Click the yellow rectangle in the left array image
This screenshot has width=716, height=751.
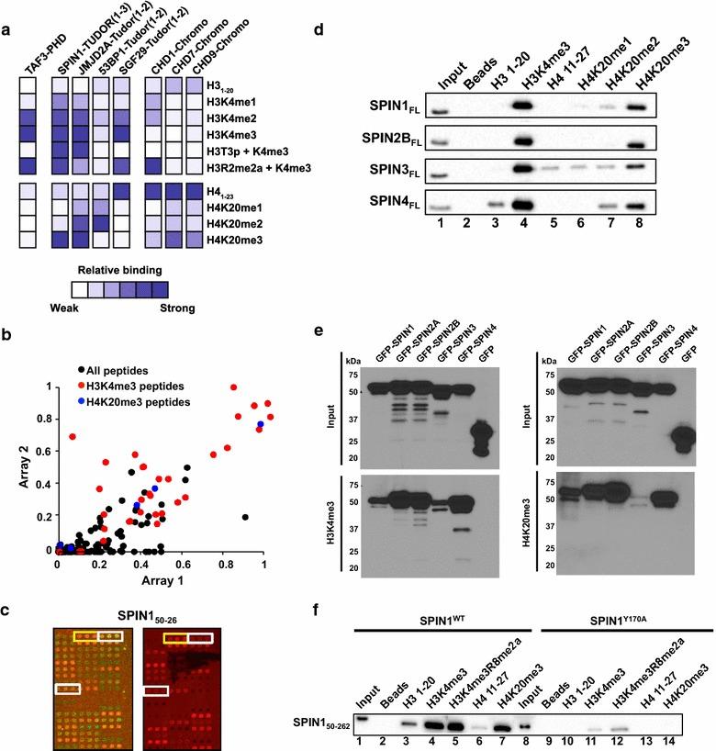tap(85, 636)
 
